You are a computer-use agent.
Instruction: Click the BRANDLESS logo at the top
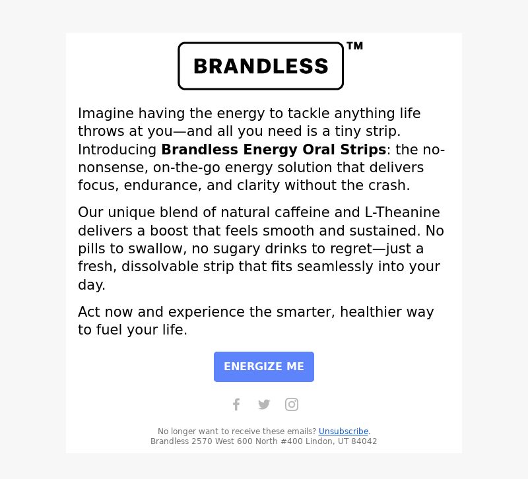(261, 66)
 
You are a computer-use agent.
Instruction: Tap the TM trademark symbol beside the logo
(355, 46)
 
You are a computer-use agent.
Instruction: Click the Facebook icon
(236, 404)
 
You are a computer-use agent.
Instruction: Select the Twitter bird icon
(264, 404)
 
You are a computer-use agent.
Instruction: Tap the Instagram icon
(292, 404)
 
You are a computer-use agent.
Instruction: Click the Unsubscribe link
(343, 431)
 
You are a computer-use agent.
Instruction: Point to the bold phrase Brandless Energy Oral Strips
(273, 150)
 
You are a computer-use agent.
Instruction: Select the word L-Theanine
(402, 212)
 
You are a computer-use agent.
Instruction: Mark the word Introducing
(117, 150)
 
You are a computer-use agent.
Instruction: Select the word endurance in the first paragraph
(162, 185)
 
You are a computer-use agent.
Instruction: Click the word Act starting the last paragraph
(88, 311)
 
